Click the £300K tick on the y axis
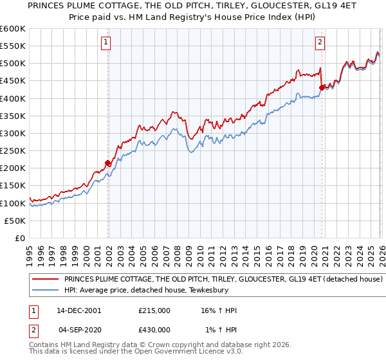tap(13, 134)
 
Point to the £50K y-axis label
tap(15, 221)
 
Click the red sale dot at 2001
tap(108, 163)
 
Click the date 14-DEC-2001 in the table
tap(78, 310)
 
